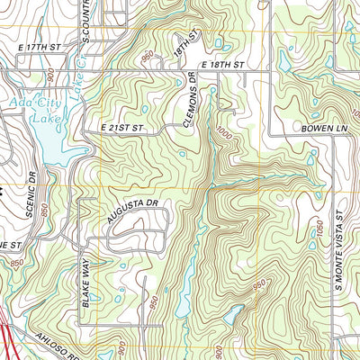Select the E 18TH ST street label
tap(223, 66)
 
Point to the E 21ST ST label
tap(123, 130)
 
